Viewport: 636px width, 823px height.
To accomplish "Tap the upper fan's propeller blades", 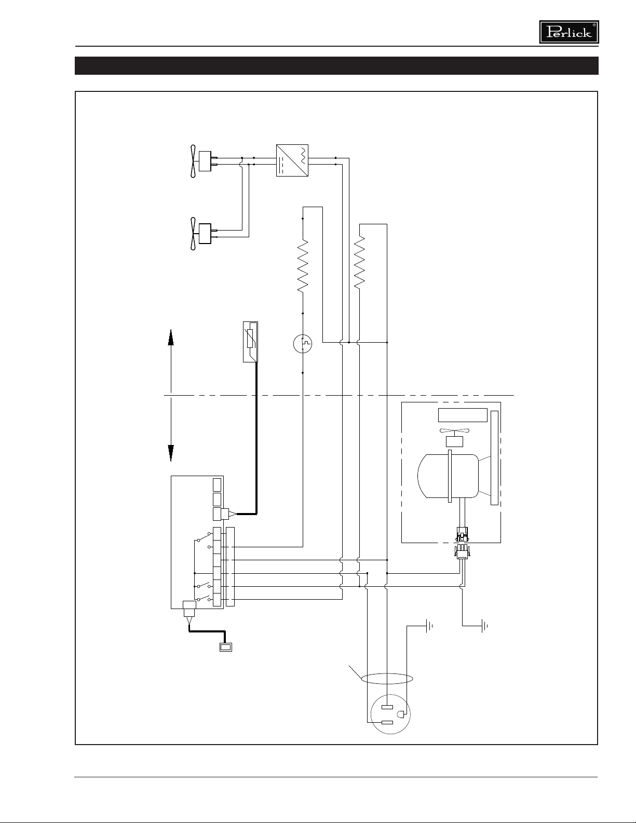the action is pos(194,161).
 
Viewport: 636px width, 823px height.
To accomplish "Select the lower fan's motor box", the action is pos(205,234).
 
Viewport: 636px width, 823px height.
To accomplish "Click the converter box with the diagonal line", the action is pos(292,160).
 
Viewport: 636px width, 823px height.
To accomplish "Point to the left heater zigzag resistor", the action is pos(303,266).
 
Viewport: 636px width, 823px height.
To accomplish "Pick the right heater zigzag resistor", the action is pos(359,262).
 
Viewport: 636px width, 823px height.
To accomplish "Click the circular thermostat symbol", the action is pos(303,344).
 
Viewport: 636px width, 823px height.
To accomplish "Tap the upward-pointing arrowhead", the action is pos(171,338).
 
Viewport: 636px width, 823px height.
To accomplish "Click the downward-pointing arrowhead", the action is pos(171,453).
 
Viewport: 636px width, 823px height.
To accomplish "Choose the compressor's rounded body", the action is pos(448,476).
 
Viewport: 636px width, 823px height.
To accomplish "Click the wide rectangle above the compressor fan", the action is pos(463,415).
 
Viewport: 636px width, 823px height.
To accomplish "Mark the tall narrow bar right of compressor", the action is pos(494,457).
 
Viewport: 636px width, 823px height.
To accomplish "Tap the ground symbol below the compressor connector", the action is pos(484,626).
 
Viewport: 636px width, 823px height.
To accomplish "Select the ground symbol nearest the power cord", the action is pos(429,626).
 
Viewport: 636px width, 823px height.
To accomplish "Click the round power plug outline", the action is pos(390,714).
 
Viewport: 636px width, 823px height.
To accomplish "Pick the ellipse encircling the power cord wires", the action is pos(387,679).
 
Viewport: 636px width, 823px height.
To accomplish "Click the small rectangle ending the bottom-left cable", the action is pos(226,647).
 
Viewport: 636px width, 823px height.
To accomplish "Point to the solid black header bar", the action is pos(336,65).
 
